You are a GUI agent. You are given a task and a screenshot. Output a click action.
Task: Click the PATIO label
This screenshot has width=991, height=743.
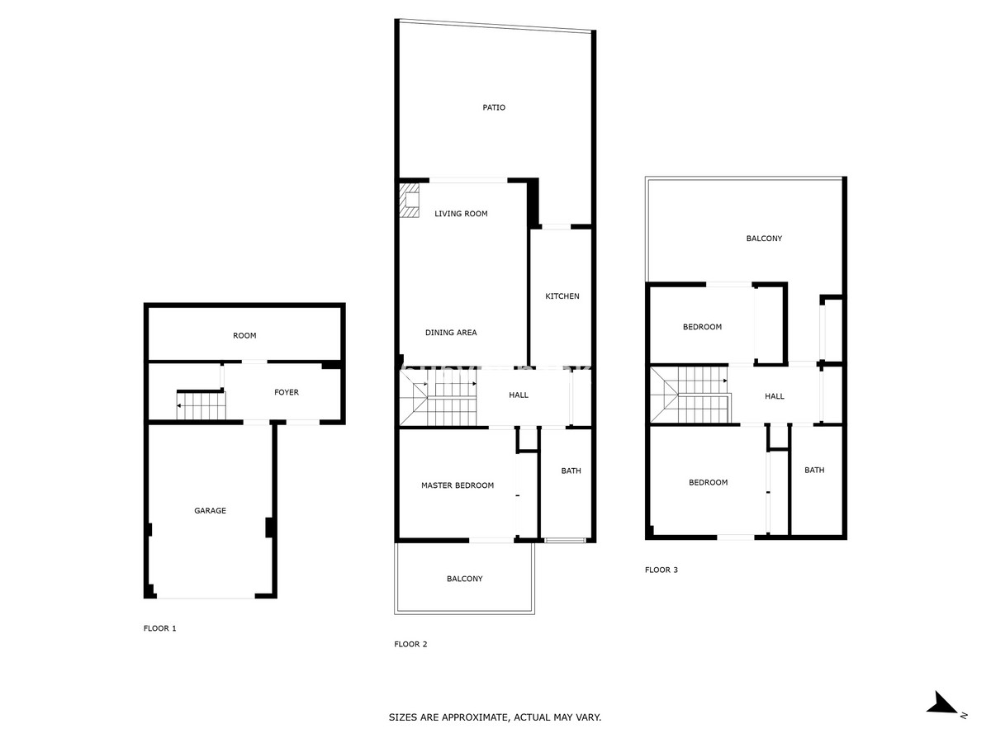[x=494, y=107]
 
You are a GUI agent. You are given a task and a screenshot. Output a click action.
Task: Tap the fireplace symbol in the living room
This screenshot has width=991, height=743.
[x=410, y=201]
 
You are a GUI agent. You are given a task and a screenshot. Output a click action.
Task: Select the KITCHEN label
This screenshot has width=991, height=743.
[x=562, y=296]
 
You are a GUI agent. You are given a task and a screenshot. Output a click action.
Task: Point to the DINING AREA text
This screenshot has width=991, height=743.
[x=451, y=333]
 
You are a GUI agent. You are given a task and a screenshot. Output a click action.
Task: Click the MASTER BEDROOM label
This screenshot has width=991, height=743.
[x=457, y=485]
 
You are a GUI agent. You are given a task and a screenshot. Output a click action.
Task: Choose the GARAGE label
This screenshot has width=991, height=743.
[x=210, y=511]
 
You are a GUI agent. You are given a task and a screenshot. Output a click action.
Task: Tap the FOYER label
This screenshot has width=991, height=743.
[x=287, y=392]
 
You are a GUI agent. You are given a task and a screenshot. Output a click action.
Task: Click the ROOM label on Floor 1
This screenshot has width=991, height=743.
[x=244, y=336]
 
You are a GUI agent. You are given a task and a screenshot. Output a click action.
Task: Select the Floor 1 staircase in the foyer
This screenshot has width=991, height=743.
[x=202, y=405]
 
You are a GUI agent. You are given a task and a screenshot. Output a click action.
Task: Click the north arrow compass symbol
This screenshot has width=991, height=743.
[x=944, y=704]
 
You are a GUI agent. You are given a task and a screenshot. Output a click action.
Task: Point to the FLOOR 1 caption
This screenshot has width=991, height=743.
[x=160, y=628]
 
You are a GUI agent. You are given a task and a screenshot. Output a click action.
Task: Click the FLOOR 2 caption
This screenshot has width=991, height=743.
[x=410, y=644]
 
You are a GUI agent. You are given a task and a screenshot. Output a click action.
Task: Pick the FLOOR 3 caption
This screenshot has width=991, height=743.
[x=661, y=570]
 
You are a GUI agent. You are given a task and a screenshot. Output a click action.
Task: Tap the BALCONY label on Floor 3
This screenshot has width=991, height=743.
[x=764, y=239]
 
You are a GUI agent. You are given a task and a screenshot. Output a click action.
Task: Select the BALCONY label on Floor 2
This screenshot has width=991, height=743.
[x=464, y=579]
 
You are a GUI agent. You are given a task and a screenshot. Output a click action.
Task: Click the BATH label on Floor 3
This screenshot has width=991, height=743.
[x=814, y=471]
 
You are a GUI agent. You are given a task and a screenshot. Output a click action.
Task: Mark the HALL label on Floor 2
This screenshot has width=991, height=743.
[x=519, y=395]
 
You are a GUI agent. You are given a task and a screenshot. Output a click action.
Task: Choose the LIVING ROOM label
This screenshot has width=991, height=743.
[x=461, y=214]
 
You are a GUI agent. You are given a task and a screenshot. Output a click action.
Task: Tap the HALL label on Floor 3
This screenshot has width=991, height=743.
[x=775, y=396]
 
